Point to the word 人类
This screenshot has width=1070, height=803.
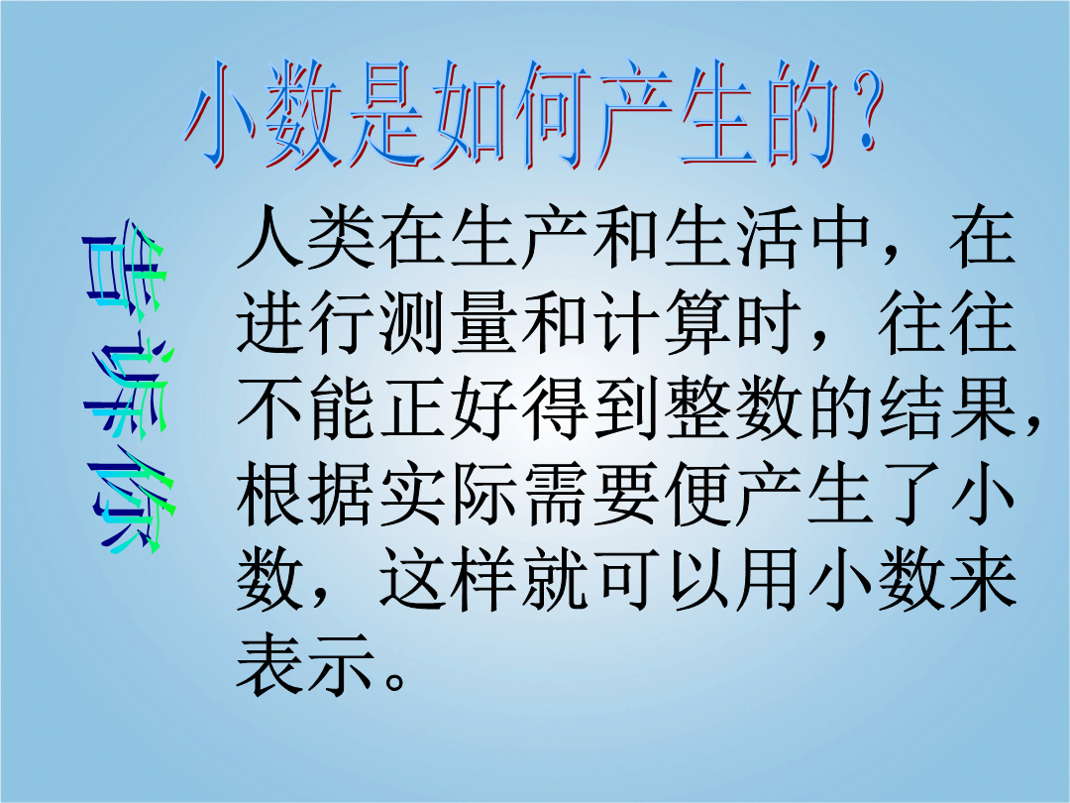306,236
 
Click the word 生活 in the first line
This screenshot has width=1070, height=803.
731,236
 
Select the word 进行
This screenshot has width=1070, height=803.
306,322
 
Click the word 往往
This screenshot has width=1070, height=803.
946,322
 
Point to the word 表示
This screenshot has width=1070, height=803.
306,663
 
